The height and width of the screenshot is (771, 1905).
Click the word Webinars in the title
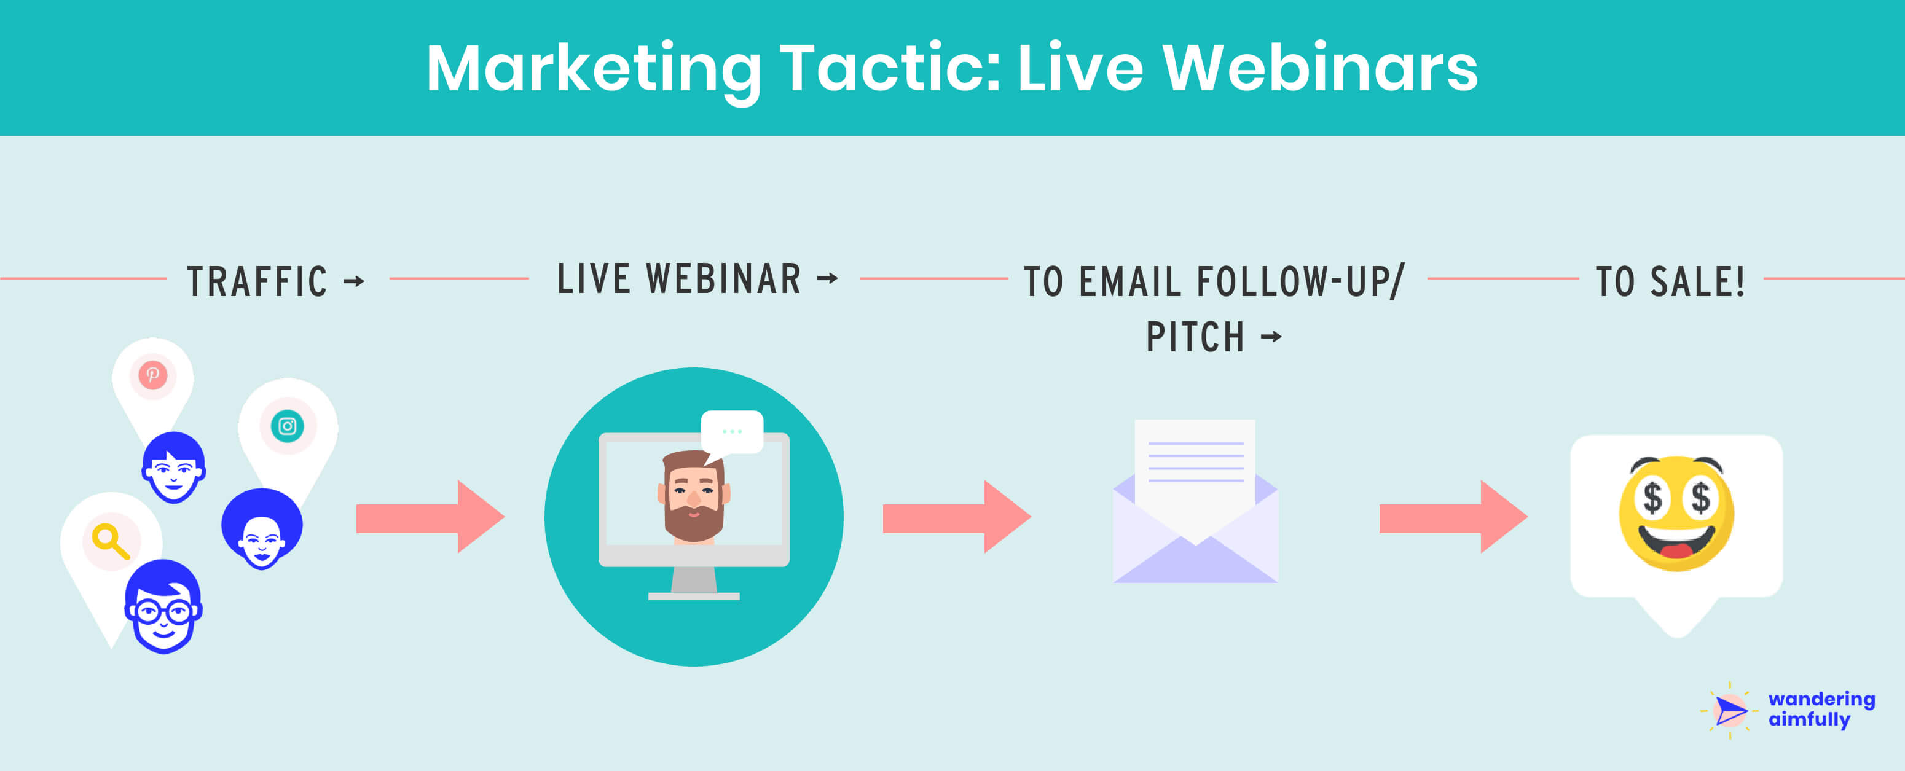pos(1319,68)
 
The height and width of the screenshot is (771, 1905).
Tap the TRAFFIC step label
pos(257,281)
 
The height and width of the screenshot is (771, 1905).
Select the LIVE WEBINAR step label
pos(679,279)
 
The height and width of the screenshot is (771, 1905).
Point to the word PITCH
pos(1195,337)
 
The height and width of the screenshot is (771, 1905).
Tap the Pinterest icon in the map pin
pos(153,375)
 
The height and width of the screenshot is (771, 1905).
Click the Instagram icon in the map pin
pos(288,426)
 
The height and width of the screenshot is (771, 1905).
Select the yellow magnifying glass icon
pos(110,541)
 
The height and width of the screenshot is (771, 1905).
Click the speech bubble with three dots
pos(731,432)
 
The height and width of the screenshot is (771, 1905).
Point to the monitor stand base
pos(694,596)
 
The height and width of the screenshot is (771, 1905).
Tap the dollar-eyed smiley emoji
pos(1676,513)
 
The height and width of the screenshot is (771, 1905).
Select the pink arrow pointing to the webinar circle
pos(429,517)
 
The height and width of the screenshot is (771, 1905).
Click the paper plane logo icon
pos(1729,711)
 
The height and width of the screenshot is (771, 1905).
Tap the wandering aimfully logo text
pos(1820,709)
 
